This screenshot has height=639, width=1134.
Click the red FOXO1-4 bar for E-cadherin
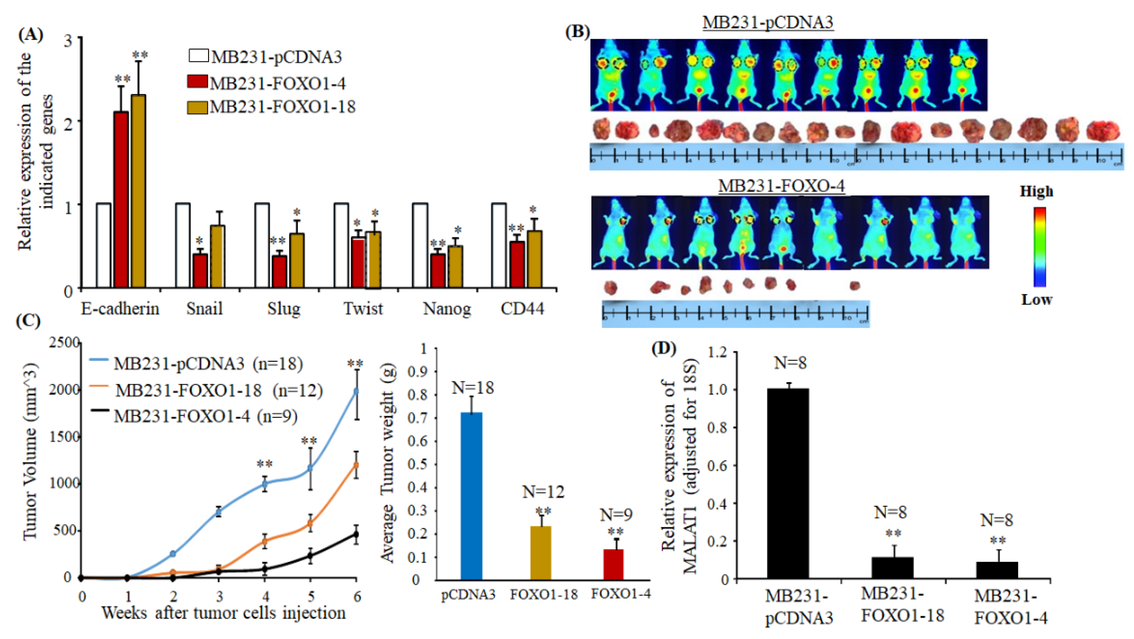(121, 200)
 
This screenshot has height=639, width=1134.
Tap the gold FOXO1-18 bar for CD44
(534, 260)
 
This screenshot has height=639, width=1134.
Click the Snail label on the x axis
(204, 308)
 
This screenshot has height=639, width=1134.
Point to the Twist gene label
(363, 308)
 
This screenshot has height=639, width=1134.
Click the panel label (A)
(30, 34)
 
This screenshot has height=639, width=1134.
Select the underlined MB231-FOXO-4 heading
(781, 186)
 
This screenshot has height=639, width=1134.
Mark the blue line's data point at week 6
(357, 391)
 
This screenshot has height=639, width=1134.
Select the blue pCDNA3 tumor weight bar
(472, 496)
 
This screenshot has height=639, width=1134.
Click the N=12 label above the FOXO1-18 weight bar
(543, 492)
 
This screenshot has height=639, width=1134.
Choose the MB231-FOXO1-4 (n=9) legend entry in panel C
(206, 416)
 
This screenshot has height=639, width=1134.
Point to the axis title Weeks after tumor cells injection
(224, 613)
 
